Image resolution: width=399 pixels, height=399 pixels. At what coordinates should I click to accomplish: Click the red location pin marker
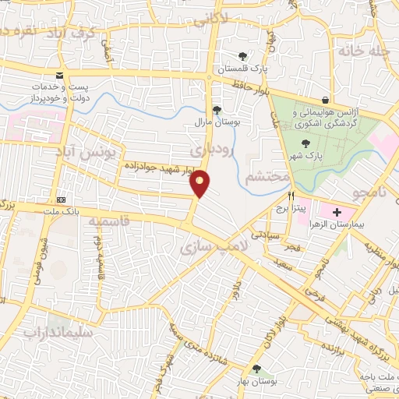[201, 183]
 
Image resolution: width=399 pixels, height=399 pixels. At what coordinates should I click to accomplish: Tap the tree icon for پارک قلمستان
[243, 56]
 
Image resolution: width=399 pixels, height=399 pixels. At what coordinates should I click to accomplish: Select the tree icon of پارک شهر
[307, 143]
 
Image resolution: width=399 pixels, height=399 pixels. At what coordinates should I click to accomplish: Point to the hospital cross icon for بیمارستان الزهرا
[337, 211]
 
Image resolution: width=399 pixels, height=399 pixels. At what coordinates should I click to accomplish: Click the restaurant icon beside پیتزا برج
[291, 196]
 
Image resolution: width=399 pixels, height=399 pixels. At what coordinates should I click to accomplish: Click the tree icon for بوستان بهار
[255, 369]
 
